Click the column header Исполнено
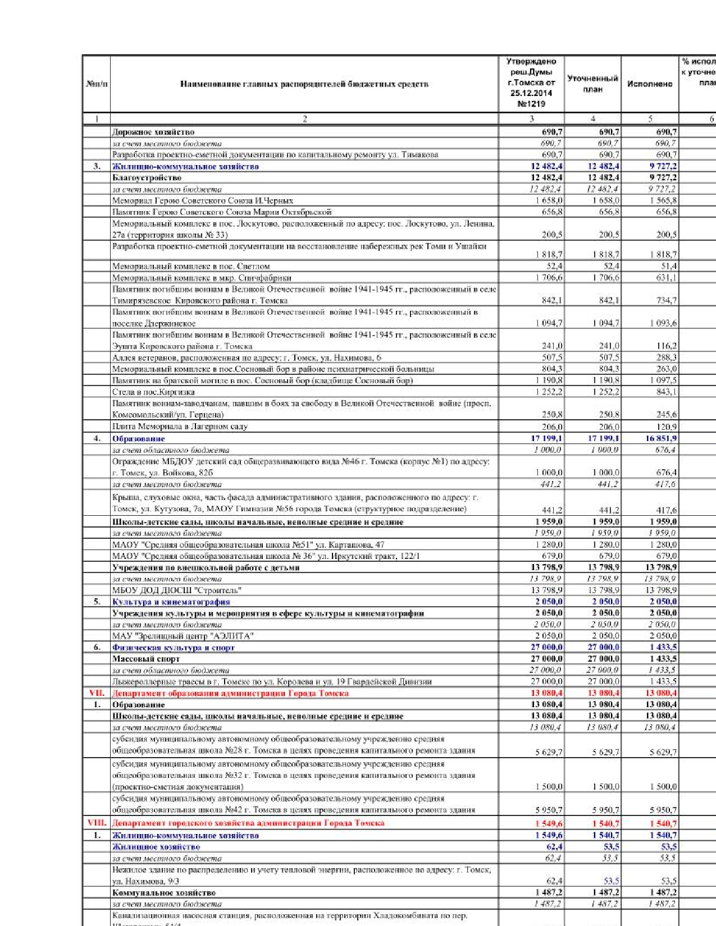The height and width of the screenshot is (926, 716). (x=650, y=84)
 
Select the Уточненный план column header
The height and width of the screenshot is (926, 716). (x=592, y=84)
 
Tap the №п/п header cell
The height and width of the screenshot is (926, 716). (x=97, y=84)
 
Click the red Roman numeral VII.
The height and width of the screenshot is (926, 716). (x=97, y=693)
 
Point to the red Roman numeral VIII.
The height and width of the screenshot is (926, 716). (x=97, y=823)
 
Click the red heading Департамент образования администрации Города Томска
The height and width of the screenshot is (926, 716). (x=230, y=693)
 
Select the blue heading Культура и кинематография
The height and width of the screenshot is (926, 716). (x=171, y=602)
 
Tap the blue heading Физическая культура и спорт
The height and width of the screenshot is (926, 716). (x=173, y=648)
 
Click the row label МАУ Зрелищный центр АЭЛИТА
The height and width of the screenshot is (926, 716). (x=183, y=636)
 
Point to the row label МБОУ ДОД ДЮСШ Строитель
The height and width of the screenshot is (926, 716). (x=176, y=590)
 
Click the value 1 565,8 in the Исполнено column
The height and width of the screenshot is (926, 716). (x=663, y=200)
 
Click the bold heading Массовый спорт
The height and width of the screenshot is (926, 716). (x=146, y=659)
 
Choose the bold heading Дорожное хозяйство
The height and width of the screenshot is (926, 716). (x=153, y=132)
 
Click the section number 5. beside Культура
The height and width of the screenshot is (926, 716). (x=97, y=602)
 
